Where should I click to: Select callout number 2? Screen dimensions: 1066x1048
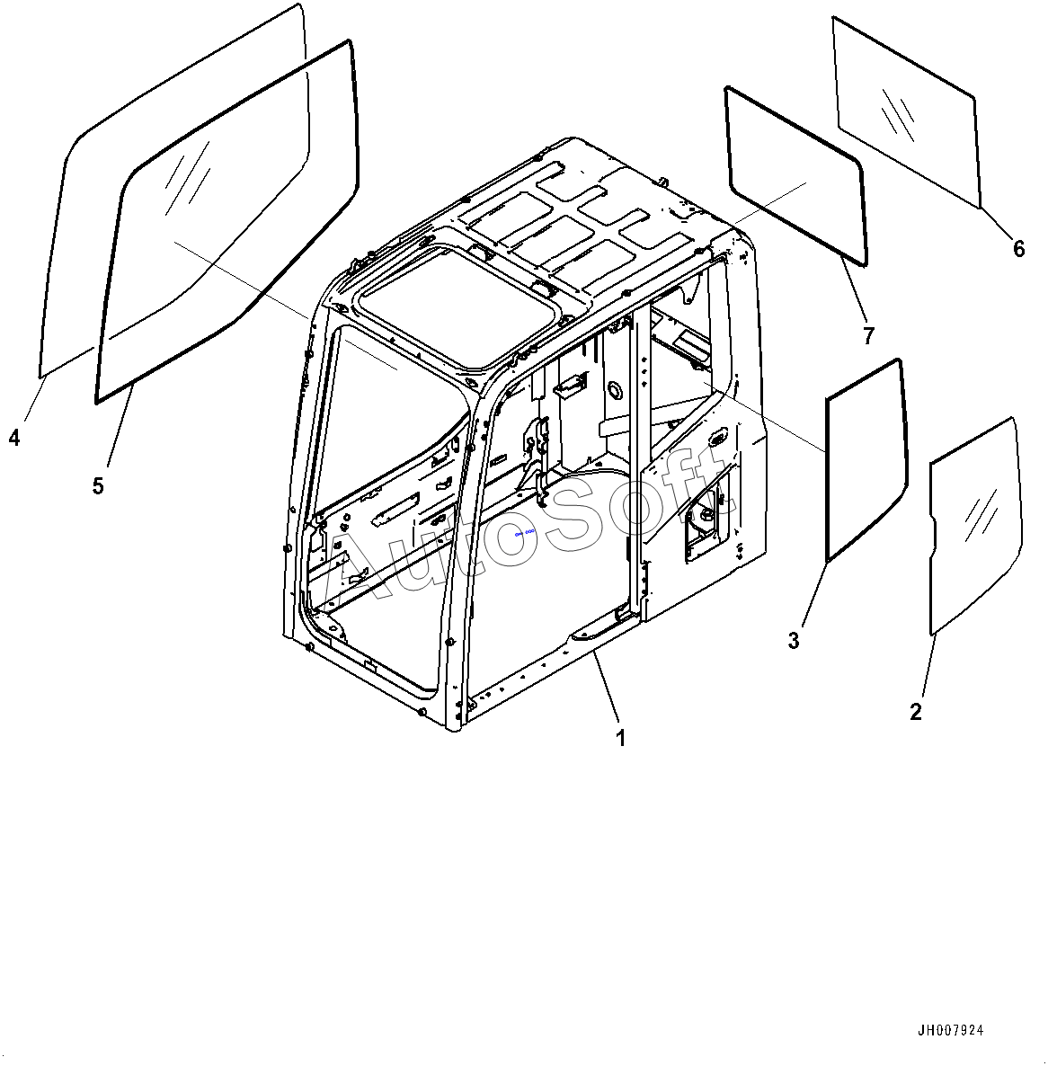(916, 712)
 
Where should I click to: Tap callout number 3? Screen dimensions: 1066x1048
(794, 640)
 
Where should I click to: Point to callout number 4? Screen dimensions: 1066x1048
(14, 438)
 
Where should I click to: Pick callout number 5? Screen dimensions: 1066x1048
(98, 486)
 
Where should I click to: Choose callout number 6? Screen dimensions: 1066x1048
(1018, 248)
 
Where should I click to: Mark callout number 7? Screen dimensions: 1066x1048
(868, 335)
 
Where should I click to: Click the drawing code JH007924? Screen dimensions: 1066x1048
(956, 1030)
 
